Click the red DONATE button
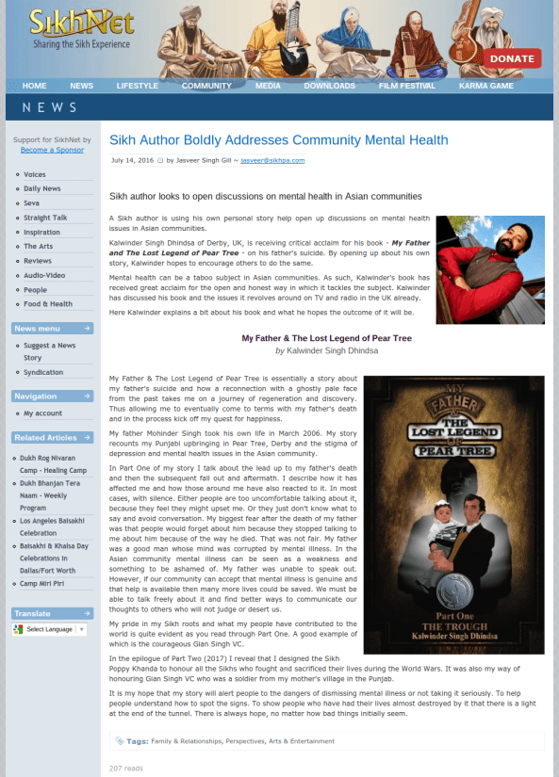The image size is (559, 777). point(512,58)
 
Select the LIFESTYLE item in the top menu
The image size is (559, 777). point(138,86)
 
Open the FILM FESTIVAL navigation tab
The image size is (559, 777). point(407,86)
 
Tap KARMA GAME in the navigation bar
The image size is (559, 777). point(485,86)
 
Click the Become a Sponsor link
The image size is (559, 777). point(52,150)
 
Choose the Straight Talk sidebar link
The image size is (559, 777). point(45,218)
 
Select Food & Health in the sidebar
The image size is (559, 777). point(48,304)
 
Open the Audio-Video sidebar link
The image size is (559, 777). point(44,275)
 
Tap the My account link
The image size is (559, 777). point(42,413)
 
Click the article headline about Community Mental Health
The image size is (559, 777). point(278,140)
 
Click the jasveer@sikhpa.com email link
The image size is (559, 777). point(272,160)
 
